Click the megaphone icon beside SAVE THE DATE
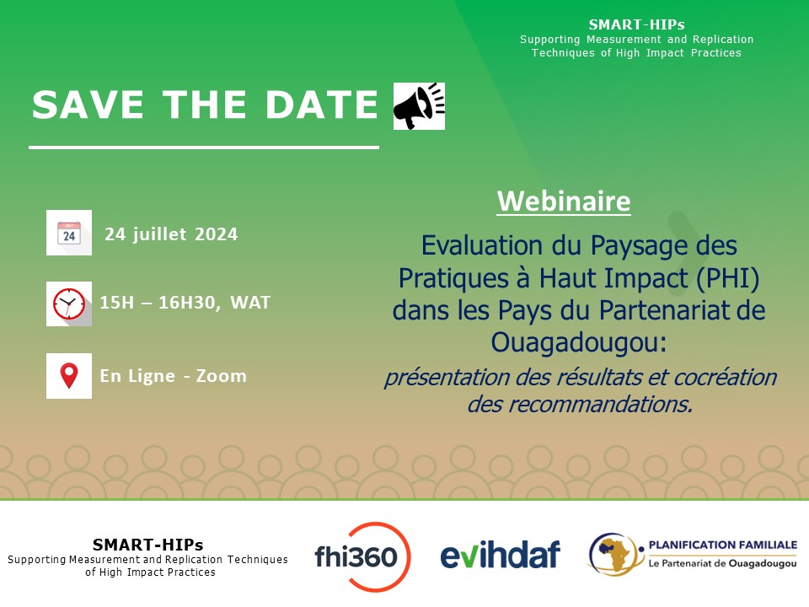(x=419, y=106)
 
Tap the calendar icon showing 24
(x=69, y=233)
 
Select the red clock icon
(x=69, y=303)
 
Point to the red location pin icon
(x=69, y=376)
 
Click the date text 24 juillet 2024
(x=171, y=234)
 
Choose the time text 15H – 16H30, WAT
(x=185, y=303)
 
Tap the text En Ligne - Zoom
(x=173, y=376)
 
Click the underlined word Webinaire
(x=564, y=202)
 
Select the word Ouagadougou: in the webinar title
(x=579, y=341)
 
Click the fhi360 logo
(x=362, y=556)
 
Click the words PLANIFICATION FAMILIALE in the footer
(x=721, y=546)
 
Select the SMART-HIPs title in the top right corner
(x=636, y=24)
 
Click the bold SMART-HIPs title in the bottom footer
(x=147, y=545)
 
